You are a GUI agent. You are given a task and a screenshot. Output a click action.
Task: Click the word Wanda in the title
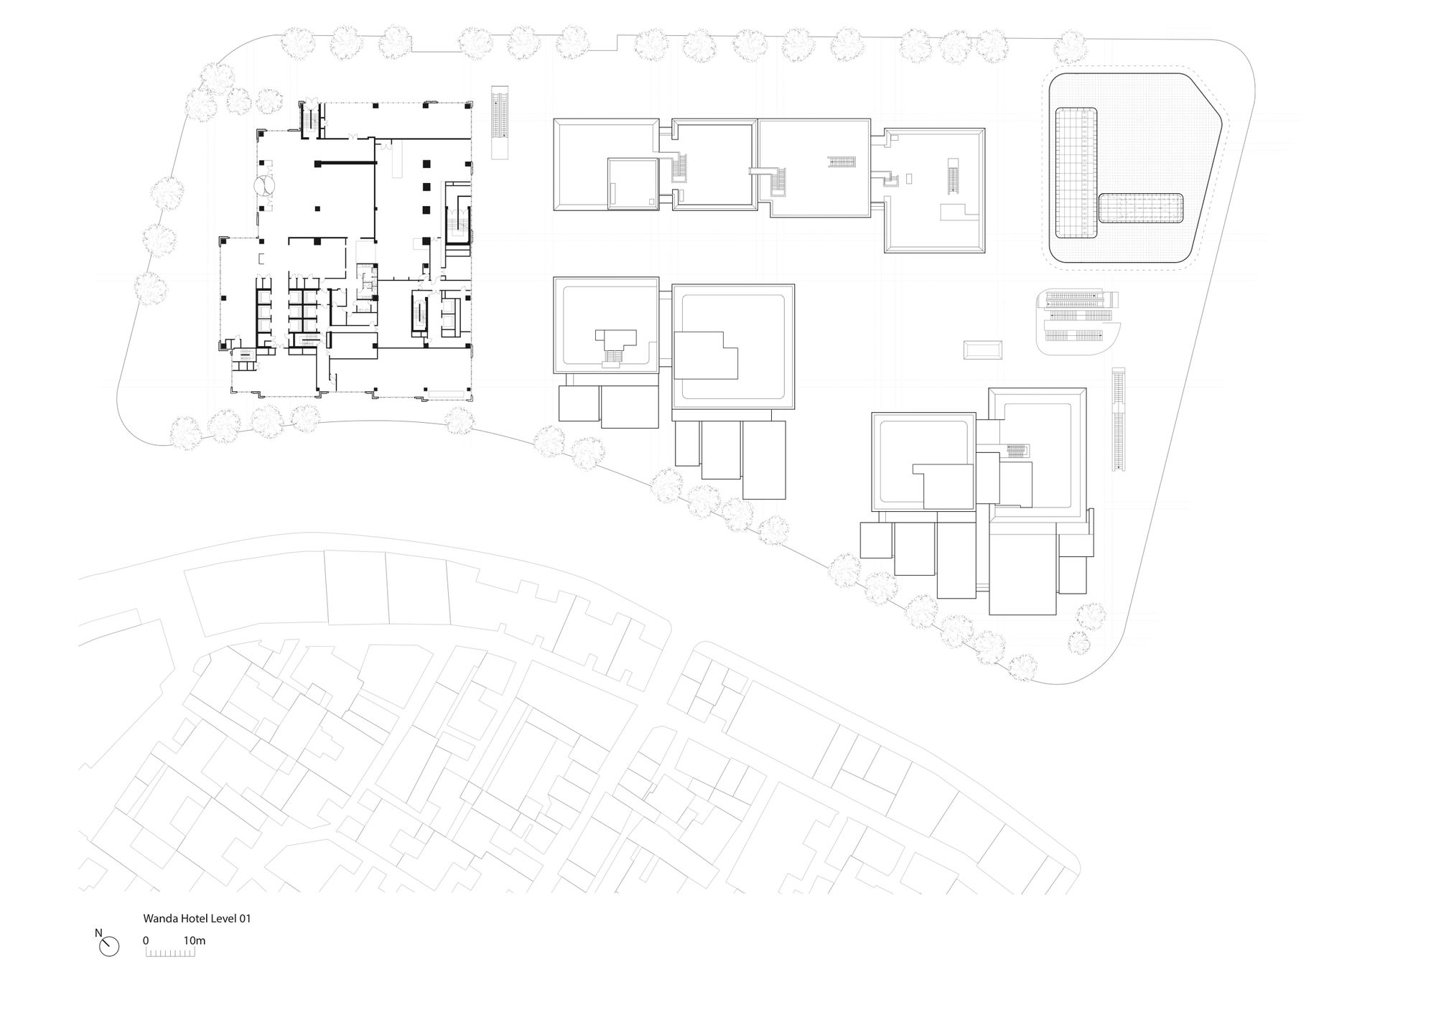(x=159, y=918)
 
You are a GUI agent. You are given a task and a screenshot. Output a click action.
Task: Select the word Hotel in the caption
(x=190, y=918)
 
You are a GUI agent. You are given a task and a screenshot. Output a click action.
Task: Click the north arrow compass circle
(x=109, y=948)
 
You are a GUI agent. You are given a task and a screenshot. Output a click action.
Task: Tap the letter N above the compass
(x=98, y=933)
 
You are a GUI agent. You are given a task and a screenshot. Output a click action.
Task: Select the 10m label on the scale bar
(x=195, y=940)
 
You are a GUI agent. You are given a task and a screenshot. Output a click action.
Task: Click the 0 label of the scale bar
(x=146, y=940)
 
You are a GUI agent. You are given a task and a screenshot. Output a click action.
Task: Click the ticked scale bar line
(x=171, y=955)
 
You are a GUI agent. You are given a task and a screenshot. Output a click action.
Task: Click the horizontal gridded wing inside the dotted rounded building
(x=1140, y=208)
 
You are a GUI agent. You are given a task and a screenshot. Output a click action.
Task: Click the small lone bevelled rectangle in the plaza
(x=983, y=350)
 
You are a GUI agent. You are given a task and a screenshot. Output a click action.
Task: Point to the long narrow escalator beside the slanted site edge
(x=1119, y=419)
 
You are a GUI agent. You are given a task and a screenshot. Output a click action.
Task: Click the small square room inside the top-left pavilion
(x=633, y=184)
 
